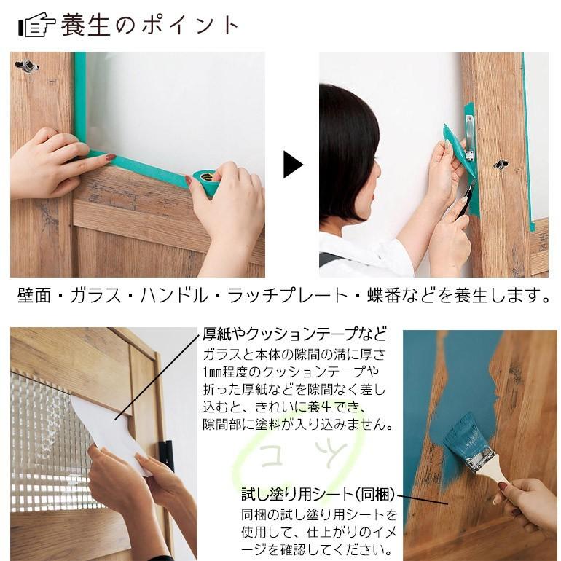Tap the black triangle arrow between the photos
(x=292, y=165)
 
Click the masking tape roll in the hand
(x=205, y=182)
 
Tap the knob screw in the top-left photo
(x=28, y=66)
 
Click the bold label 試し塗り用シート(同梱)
(x=318, y=495)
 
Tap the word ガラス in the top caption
(x=116, y=297)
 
